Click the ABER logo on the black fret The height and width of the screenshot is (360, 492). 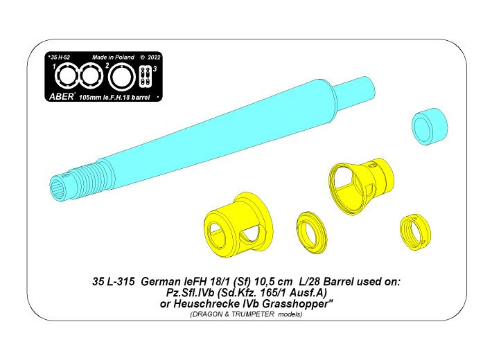click(61, 97)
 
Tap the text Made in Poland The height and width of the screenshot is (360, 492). click(113, 57)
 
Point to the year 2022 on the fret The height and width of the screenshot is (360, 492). click(154, 57)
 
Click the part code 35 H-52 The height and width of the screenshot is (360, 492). click(60, 57)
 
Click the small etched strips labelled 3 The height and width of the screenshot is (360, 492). click(144, 76)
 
